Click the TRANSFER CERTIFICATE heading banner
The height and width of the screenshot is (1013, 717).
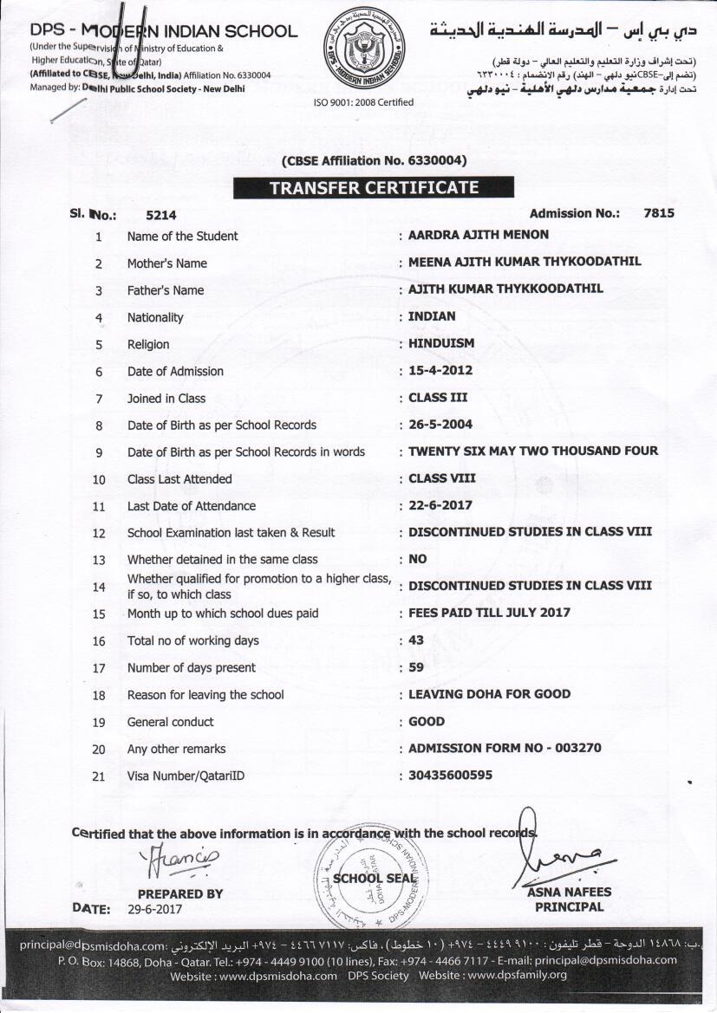[x=374, y=187]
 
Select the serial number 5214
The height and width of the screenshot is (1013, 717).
[x=161, y=215]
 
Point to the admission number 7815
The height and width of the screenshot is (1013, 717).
[x=659, y=213]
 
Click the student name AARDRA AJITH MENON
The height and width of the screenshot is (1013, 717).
[x=479, y=235]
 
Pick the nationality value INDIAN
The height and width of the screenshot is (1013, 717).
[x=432, y=316]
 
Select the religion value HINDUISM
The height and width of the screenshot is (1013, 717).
[x=441, y=343]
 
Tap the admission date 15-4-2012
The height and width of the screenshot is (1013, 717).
[x=440, y=370]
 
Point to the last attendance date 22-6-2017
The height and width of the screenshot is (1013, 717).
[x=440, y=505]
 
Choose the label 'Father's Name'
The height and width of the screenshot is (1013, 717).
[x=166, y=290]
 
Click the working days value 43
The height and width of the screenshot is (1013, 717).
[x=418, y=640]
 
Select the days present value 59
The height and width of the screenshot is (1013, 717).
[x=418, y=667]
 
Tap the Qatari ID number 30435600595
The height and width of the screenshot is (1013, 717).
[x=450, y=775]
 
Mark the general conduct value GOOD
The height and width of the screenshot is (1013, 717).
[x=427, y=721]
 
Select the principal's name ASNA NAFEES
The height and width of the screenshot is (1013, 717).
[x=569, y=892]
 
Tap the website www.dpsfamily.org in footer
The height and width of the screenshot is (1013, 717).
[x=517, y=975]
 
